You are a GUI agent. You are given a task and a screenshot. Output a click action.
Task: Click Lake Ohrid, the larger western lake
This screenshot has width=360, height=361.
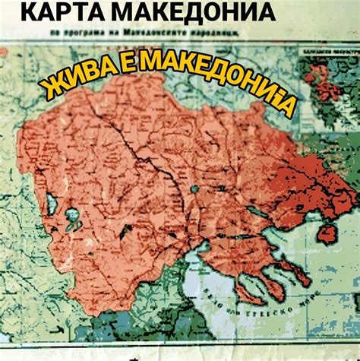click(52, 206)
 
